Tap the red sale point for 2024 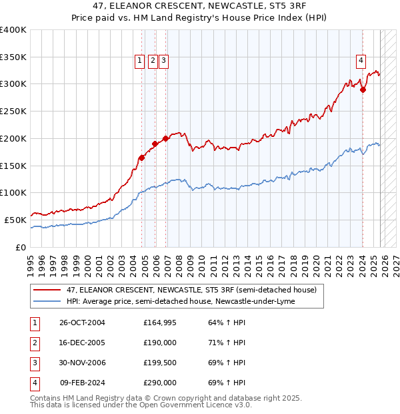363,90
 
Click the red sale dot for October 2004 141,158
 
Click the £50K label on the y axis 16,219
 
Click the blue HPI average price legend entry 181,301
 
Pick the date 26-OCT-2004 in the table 82,323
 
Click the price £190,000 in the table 160,343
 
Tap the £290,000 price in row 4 160,383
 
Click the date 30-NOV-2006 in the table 82,363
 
